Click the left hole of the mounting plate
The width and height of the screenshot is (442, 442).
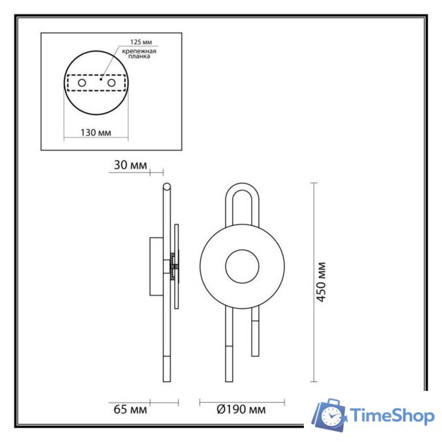click(x=82, y=83)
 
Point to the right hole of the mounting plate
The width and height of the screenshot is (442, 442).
click(x=108, y=83)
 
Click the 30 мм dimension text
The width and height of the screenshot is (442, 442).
click(x=128, y=165)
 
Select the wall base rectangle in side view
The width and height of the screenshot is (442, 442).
click(x=156, y=266)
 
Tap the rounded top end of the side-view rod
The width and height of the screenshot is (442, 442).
click(x=166, y=186)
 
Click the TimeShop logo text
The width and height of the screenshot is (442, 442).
click(x=392, y=416)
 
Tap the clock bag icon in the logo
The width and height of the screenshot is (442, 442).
click(x=330, y=414)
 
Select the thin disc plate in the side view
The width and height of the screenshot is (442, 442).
click(x=177, y=266)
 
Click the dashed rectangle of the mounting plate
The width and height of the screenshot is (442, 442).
click(x=95, y=83)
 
